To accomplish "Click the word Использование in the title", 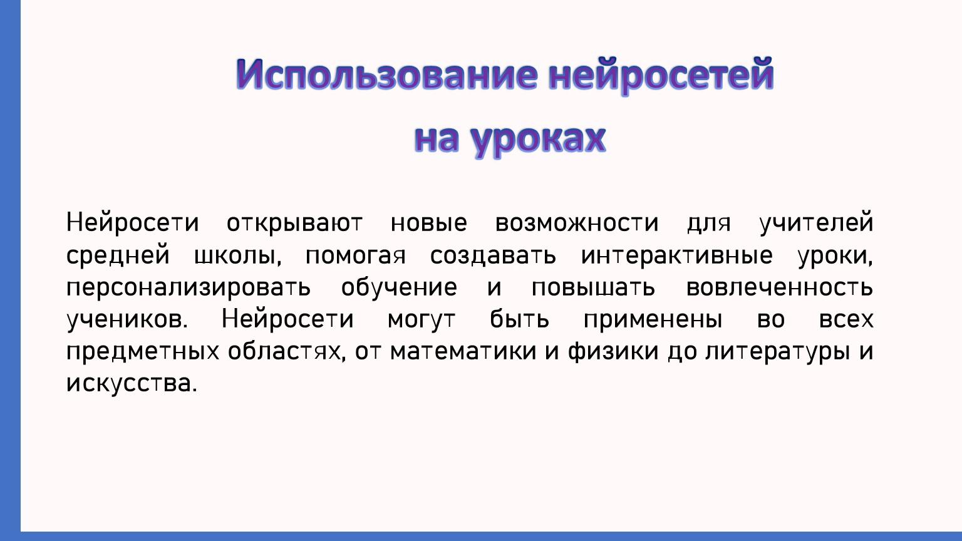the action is tap(386, 76).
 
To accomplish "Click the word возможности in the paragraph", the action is tap(577, 223).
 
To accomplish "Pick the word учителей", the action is tap(816, 223).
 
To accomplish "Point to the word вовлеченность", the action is tap(780, 287).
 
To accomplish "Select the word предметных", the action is tap(143, 352).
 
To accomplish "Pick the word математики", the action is tap(463, 351).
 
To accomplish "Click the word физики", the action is tap(613, 351).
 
